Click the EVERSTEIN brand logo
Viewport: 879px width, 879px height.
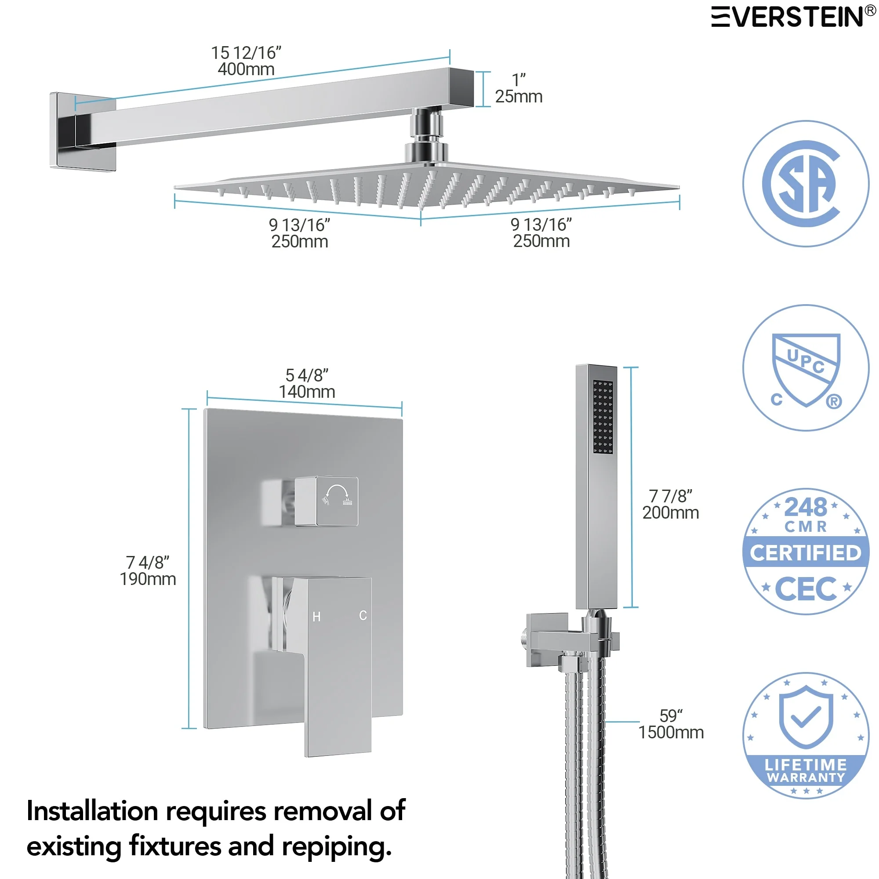793,17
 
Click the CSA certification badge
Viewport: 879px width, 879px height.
806,184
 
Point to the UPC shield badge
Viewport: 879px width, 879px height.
806,367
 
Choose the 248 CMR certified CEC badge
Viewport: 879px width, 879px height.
806,552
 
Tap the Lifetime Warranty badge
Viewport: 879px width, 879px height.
806,736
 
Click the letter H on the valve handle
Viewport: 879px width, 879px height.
316,617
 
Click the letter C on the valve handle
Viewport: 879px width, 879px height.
363,616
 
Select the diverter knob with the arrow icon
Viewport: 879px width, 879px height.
327,501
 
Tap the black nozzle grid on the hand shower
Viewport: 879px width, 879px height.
603,417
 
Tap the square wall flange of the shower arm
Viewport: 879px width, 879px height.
83,132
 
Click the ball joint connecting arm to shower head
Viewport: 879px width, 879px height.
426,134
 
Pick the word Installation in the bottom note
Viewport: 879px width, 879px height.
93,811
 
